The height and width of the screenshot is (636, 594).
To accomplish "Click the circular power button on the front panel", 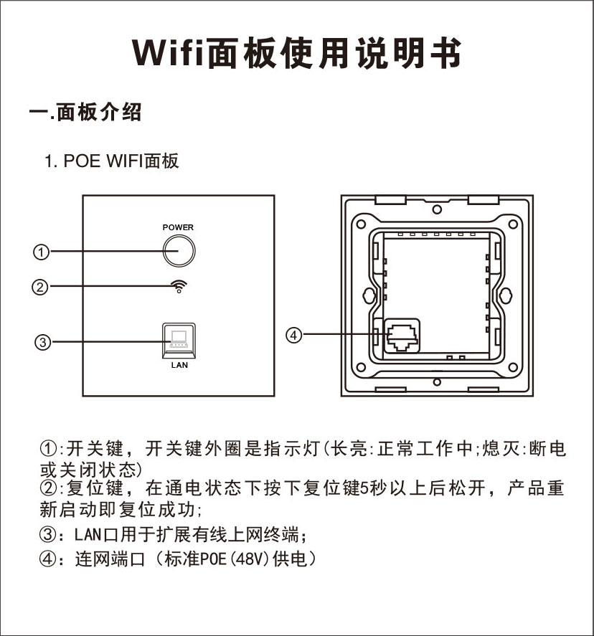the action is [x=179, y=251].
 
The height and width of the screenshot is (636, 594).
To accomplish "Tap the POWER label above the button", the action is [x=178, y=227].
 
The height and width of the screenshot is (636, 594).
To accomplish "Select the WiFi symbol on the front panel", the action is [x=179, y=286].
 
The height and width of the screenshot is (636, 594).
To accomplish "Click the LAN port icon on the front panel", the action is [x=179, y=341].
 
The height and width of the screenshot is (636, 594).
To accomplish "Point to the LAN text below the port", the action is [x=179, y=365].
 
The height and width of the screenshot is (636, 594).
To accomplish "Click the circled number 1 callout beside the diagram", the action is [x=41, y=252].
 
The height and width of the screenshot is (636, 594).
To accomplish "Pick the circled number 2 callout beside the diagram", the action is [x=39, y=288].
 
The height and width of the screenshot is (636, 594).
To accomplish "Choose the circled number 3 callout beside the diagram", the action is [x=42, y=342].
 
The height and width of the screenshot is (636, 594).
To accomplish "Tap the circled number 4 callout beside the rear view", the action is [x=294, y=335].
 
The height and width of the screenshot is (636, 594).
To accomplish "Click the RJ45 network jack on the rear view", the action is [x=402, y=336].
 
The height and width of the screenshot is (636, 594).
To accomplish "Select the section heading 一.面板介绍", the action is [x=85, y=112].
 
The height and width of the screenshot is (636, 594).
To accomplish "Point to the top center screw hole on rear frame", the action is [x=437, y=209].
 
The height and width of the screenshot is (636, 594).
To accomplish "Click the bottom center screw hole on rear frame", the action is [x=437, y=382].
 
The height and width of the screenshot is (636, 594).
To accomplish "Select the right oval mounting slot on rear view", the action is [x=506, y=295].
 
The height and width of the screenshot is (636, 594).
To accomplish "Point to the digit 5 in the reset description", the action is [x=364, y=488].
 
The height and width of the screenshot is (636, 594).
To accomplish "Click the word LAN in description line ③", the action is [x=88, y=535].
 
